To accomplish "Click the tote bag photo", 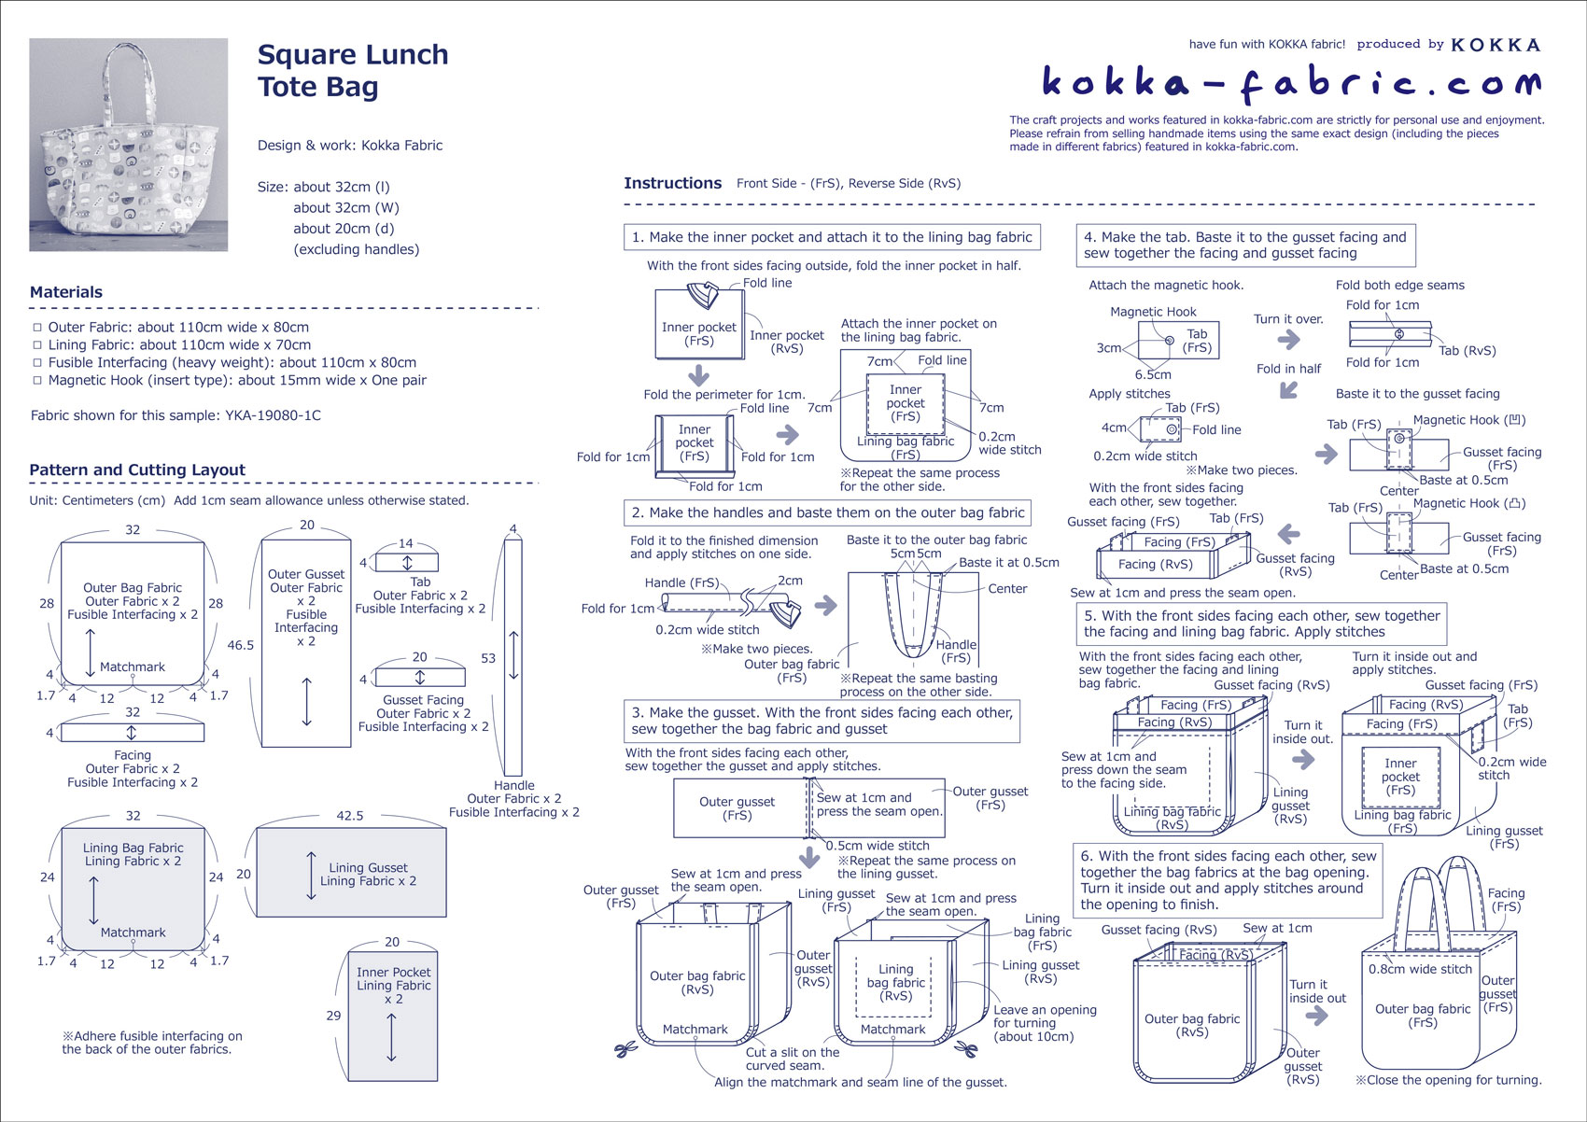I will tap(128, 145).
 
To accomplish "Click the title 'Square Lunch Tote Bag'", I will tap(352, 71).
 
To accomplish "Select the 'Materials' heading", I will tap(66, 292).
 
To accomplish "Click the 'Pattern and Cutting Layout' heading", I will tap(137, 470).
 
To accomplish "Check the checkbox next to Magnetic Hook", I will tap(37, 381).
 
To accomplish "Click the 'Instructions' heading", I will tap(672, 184).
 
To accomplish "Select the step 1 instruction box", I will tap(832, 237).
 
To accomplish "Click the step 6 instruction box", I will tap(1228, 880).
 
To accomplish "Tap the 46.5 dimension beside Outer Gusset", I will tap(240, 645).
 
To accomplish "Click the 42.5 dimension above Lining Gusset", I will tap(350, 816).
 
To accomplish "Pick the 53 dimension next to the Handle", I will tap(488, 658).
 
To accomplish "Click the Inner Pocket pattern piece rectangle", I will tap(392, 1016).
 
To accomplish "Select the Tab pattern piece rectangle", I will tap(406, 563).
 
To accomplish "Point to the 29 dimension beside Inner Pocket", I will tap(333, 1016).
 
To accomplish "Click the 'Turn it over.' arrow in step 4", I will tap(1289, 339).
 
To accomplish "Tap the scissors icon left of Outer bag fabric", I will tap(624, 1051).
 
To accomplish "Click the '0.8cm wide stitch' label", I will tap(1420, 969).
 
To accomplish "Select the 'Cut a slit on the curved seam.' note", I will tap(792, 1059).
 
